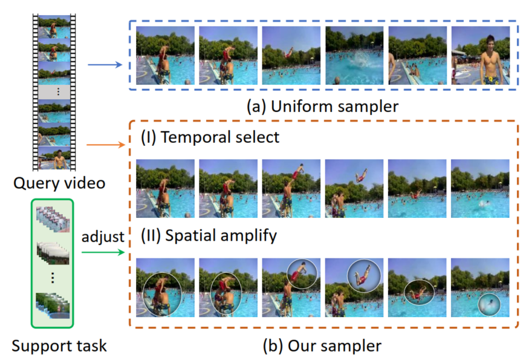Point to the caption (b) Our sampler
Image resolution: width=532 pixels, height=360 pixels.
point(322,345)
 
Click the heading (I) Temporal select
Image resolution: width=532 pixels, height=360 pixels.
point(210,137)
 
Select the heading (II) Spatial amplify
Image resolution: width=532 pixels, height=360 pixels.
point(209,235)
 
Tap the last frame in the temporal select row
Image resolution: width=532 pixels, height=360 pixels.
point(480,188)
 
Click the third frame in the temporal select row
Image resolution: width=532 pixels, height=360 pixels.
point(291,188)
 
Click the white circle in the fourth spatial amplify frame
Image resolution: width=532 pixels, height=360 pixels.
point(364,276)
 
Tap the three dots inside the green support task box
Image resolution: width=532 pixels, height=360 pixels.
point(52,277)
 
